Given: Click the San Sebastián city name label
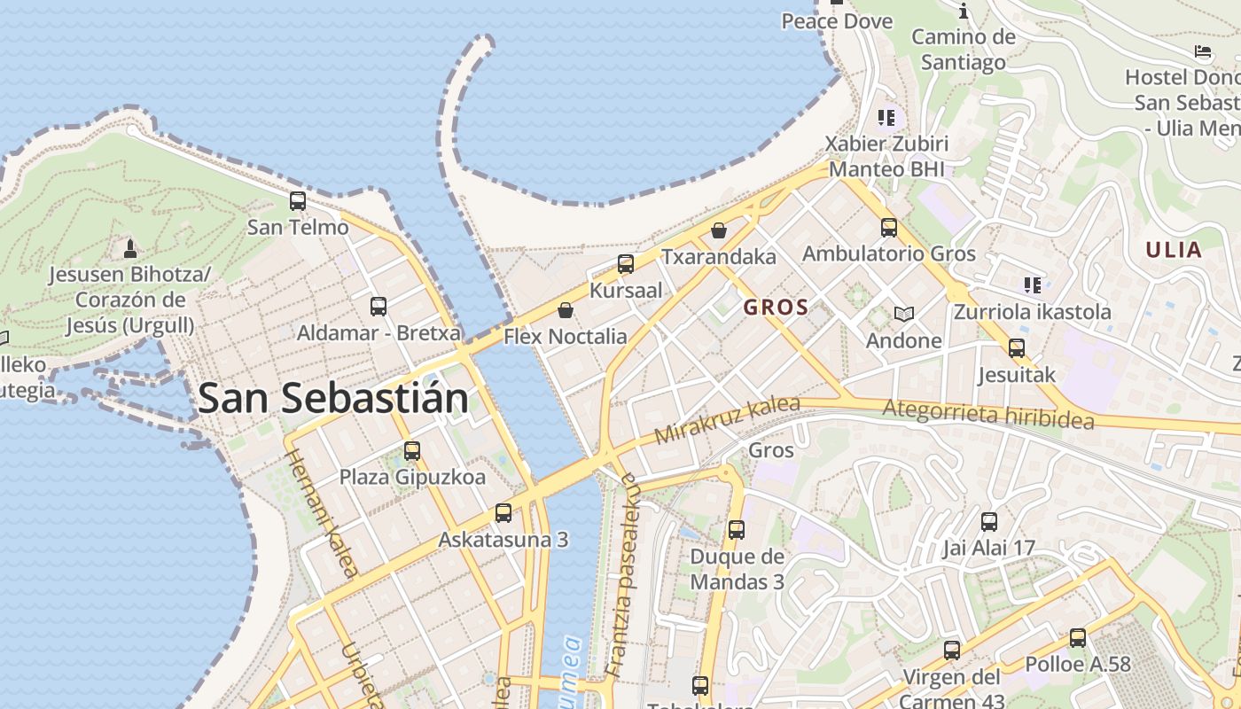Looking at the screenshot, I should click(333, 398).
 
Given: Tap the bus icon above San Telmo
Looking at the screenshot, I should click(298, 201).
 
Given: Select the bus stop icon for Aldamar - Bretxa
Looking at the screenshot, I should click(379, 307).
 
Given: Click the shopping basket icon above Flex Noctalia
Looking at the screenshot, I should click(566, 310).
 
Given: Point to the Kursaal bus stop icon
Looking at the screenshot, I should click(626, 263).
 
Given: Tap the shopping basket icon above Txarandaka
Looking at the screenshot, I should click(719, 230).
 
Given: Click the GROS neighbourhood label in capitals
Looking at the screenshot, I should click(777, 308).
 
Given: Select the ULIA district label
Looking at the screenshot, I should click(1173, 250).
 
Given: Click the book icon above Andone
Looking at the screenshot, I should click(903, 314).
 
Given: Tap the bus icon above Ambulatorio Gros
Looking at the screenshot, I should click(889, 228).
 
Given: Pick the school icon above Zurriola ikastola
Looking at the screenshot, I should click(1033, 285).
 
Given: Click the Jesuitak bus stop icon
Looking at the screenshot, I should click(1017, 348).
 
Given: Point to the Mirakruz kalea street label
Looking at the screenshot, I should click(727, 421).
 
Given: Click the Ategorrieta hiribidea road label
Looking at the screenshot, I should click(988, 414).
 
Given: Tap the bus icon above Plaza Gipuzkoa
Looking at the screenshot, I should click(412, 450).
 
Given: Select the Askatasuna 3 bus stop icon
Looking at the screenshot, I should click(503, 512).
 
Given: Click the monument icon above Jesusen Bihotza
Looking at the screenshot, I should click(130, 248).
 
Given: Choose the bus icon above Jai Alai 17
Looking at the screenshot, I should click(989, 521).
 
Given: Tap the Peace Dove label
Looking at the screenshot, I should click(837, 21).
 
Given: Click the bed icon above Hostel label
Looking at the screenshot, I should click(1203, 51).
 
